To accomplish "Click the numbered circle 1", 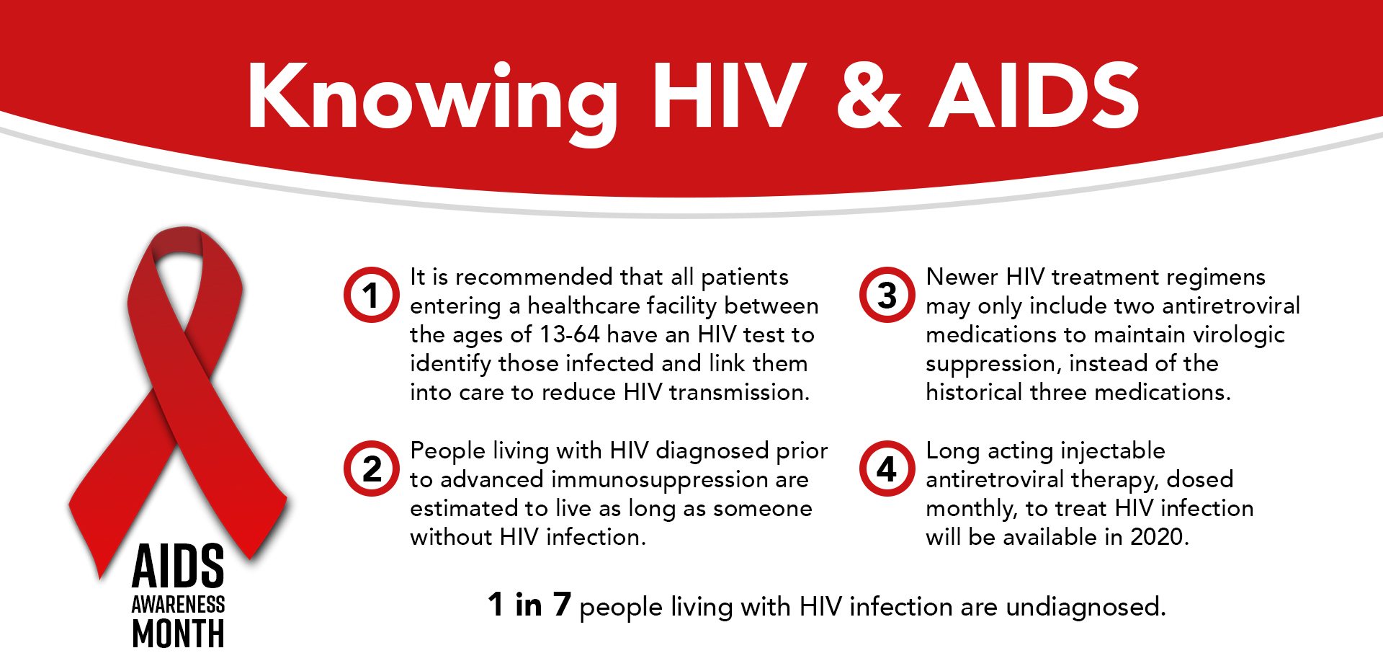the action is click(x=371, y=295).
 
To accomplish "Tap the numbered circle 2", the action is click(x=371, y=469).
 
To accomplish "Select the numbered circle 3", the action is click(x=887, y=295).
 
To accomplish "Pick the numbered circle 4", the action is click(x=887, y=469).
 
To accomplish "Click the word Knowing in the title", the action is click(x=433, y=101).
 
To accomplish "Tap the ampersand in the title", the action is click(x=869, y=96).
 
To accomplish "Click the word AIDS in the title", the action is click(x=1034, y=95).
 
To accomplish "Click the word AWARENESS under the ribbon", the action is click(x=178, y=604).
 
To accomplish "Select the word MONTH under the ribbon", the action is click(x=178, y=634).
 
